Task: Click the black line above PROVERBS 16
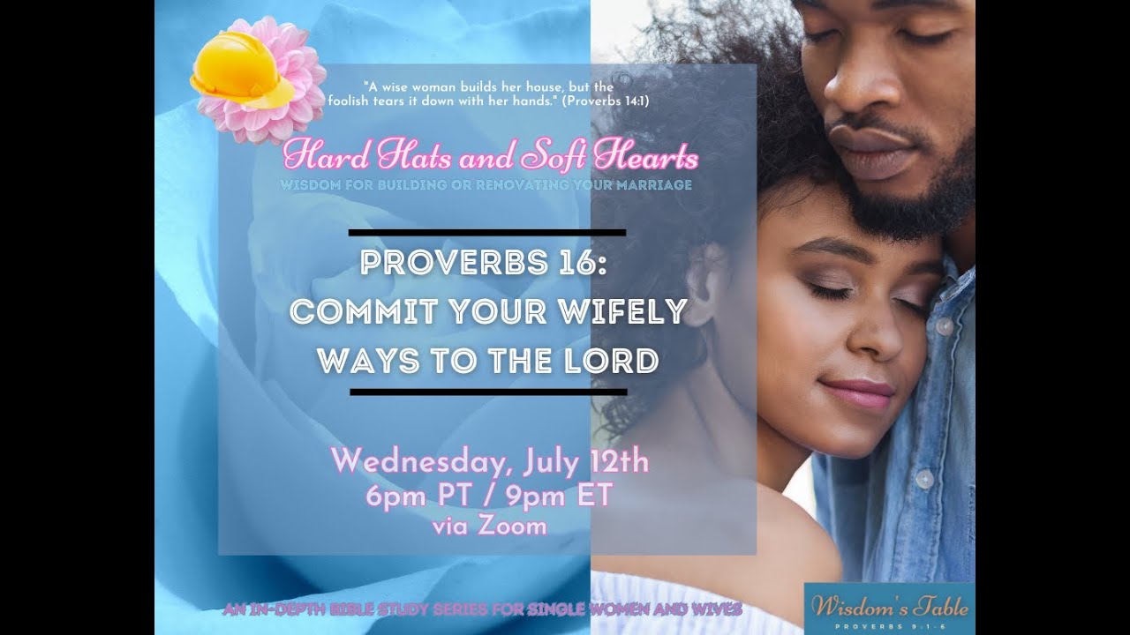click(487, 234)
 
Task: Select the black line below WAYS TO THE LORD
click(488, 391)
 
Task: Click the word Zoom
click(515, 527)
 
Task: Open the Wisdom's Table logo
click(890, 609)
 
